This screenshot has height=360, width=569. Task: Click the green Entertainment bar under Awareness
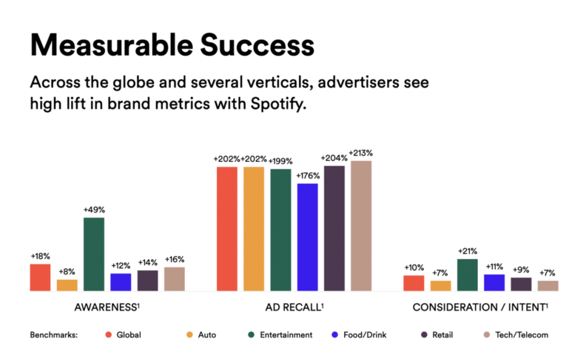click(x=94, y=254)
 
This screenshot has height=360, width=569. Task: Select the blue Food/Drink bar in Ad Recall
click(x=307, y=237)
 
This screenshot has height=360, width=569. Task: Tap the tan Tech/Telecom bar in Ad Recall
click(x=361, y=226)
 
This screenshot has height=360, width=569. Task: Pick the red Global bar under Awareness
click(x=40, y=277)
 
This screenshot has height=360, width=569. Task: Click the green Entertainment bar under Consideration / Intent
click(x=467, y=275)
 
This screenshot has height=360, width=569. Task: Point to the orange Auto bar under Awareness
click(x=67, y=285)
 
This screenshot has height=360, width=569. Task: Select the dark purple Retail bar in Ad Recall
click(x=334, y=228)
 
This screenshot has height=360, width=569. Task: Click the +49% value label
click(x=94, y=210)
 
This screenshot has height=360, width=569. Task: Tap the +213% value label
click(x=361, y=153)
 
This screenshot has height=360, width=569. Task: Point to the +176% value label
click(x=308, y=176)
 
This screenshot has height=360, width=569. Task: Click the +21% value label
click(x=467, y=251)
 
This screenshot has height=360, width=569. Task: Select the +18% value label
click(x=40, y=256)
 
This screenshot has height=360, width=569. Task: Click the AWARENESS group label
click(x=107, y=307)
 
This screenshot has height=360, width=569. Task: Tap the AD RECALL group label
click(x=295, y=307)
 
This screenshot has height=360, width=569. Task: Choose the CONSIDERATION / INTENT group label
click(x=480, y=307)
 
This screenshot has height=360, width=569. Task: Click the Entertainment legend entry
click(x=280, y=335)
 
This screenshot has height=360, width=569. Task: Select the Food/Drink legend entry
click(x=359, y=335)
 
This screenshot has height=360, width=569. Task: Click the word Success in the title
click(x=257, y=45)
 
